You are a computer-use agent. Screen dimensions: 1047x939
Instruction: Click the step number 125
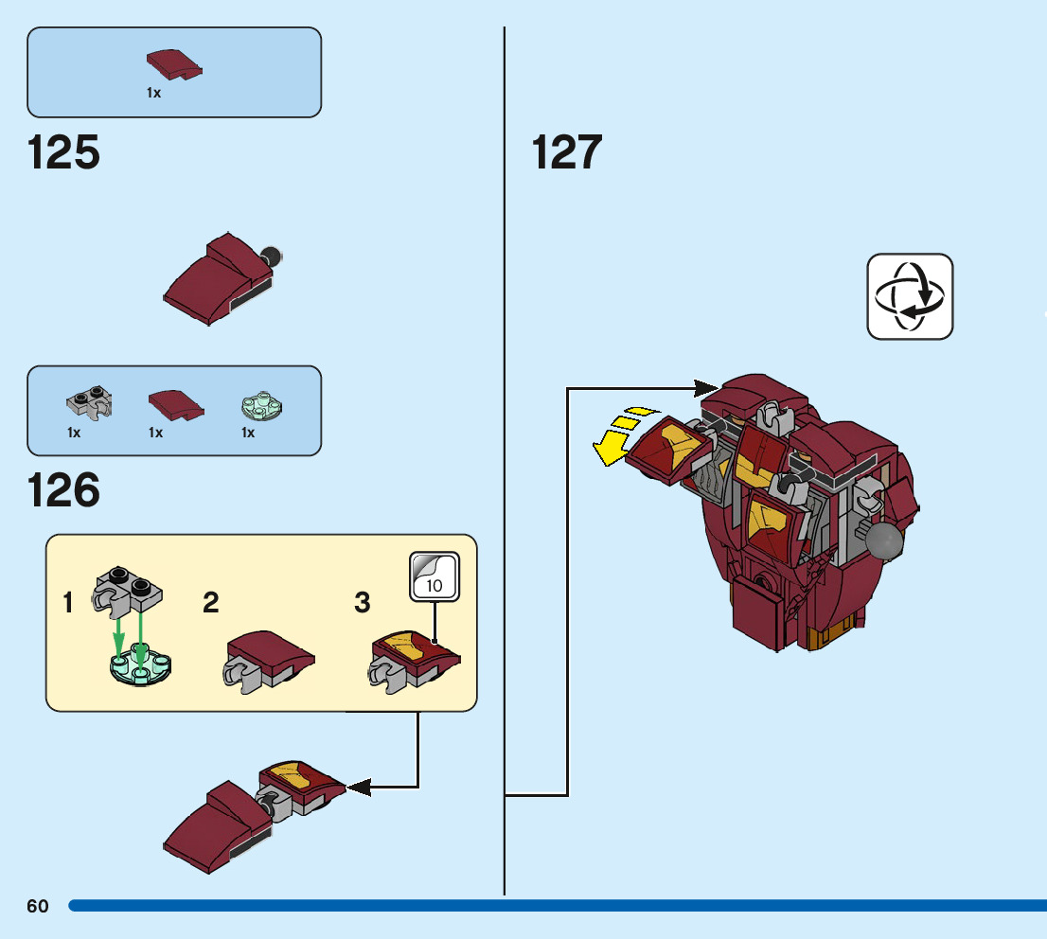pos(63,152)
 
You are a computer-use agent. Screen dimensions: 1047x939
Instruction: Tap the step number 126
pos(63,490)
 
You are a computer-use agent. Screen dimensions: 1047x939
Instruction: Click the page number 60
pos(38,906)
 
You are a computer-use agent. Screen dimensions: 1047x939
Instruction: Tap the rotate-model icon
pos(910,296)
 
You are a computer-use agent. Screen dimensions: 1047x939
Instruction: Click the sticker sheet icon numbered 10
pos(435,576)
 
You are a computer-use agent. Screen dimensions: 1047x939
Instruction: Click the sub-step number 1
pos(67,602)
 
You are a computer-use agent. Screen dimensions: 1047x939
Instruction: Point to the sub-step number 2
pos(210,602)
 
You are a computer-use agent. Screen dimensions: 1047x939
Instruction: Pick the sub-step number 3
pos(362,602)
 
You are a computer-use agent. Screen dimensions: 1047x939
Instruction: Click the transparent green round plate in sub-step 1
pos(140,664)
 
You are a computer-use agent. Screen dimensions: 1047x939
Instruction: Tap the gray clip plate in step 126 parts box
pos(90,402)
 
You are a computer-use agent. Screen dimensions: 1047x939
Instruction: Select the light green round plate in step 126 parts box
pos(261,406)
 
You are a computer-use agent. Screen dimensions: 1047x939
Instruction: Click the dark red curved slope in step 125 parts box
pos(174,64)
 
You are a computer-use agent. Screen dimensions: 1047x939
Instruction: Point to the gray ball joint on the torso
pos(884,540)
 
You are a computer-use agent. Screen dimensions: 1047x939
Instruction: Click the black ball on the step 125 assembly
pos(272,256)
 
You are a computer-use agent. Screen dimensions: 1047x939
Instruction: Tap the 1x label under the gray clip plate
pos(74,433)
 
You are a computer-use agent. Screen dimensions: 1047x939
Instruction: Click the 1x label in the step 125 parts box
pos(153,93)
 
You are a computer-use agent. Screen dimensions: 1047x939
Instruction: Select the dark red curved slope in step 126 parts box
pos(176,405)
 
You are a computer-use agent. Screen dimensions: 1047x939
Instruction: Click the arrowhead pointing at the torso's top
pos(706,388)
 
